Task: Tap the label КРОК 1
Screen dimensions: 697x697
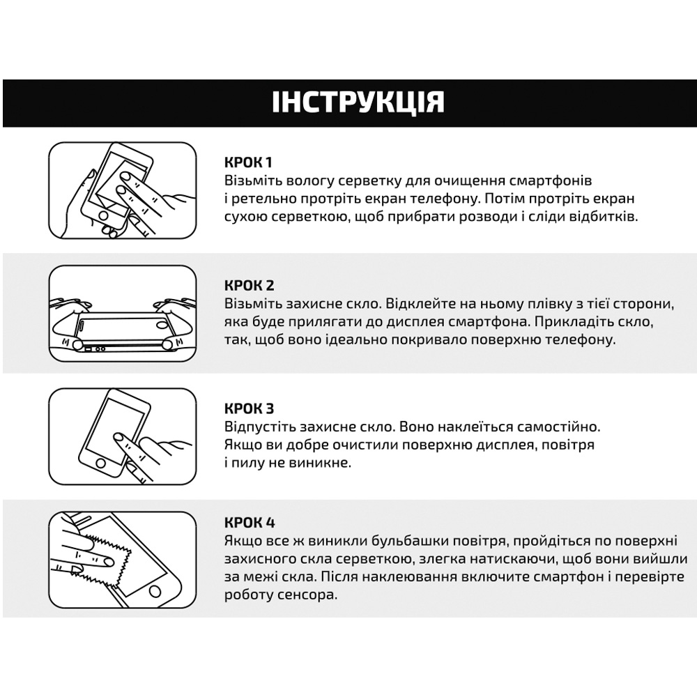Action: point(248,162)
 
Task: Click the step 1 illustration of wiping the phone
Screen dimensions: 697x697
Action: point(122,190)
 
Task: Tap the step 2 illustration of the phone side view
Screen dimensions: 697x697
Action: point(122,313)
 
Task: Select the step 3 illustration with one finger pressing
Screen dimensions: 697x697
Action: point(122,436)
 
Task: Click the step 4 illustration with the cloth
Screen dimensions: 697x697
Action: point(122,558)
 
